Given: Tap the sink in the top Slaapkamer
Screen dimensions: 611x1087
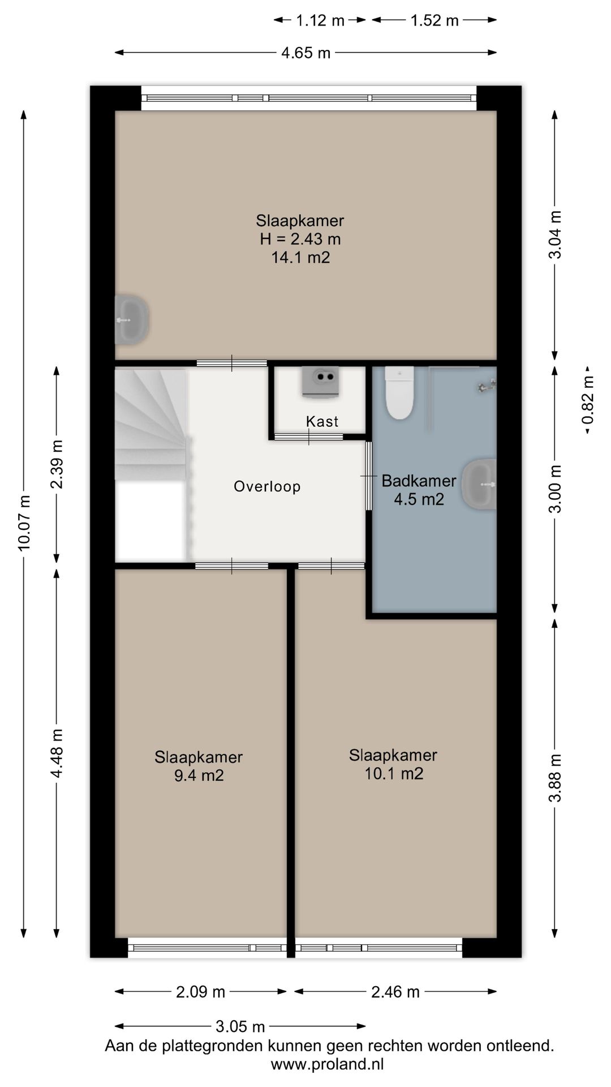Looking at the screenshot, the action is coord(131,319).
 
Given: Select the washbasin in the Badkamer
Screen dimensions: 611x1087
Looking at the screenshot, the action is coord(479,484).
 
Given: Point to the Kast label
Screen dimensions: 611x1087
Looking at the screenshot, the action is coord(322,421).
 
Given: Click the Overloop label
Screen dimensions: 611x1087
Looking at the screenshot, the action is coord(267,486).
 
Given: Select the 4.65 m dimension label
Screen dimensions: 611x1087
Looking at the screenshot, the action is coord(306,53).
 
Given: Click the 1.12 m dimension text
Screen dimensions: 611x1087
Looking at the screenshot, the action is coord(320,20).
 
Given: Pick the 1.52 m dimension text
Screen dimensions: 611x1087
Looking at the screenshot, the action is coord(434,20).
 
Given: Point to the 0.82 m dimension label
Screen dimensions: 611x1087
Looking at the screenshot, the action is coord(588,400).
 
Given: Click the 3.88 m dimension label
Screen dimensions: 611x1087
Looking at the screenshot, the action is coord(557,778).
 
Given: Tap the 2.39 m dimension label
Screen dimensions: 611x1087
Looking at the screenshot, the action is coord(57,464).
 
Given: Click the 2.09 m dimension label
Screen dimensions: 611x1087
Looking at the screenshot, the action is coord(201,991).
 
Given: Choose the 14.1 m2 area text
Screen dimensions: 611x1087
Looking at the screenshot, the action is coord(300,258).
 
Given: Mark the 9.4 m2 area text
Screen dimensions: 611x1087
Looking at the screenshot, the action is coord(199,775).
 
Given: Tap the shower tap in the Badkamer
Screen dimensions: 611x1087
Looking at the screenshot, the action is coord(486,386).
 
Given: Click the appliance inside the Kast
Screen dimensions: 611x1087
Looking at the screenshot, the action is coord(321,381).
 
